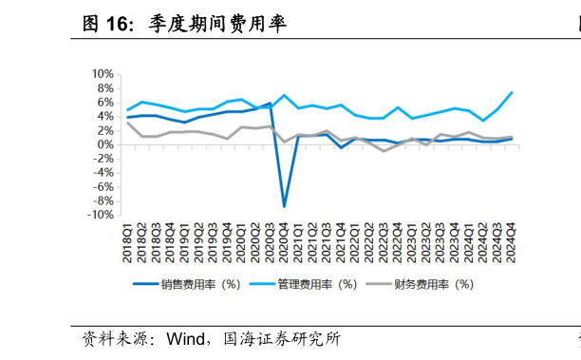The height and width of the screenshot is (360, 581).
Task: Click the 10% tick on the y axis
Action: click(x=103, y=74)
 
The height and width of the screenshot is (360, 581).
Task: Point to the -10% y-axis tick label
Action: click(x=100, y=215)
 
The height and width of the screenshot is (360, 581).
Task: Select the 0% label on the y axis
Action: click(x=105, y=144)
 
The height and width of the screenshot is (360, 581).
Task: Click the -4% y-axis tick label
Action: click(x=103, y=173)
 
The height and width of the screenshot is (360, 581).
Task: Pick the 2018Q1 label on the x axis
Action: click(x=129, y=238)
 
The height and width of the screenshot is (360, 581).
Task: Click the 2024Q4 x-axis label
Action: click(x=512, y=238)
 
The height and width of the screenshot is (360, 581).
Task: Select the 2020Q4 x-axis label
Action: click(x=285, y=238)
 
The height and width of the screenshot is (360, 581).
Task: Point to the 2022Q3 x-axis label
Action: click(x=384, y=238)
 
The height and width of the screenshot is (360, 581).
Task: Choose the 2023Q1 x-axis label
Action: click(x=412, y=238)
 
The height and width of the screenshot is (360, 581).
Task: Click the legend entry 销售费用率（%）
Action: click(x=186, y=283)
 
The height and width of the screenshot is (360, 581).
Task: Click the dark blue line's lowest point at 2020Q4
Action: click(x=285, y=205)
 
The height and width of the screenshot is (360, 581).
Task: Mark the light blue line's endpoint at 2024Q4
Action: click(x=513, y=92)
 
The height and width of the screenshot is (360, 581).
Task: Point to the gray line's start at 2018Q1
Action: click(x=129, y=123)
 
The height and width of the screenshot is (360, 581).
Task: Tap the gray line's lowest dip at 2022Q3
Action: click(x=384, y=151)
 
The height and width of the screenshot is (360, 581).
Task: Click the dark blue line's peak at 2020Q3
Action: click(x=271, y=104)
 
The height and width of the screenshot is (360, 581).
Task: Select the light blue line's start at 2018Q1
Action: click(x=129, y=109)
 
